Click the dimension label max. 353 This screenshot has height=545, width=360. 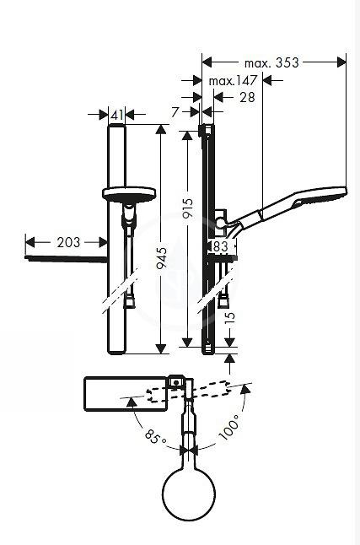(x=271, y=63)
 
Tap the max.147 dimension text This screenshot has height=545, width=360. (x=233, y=81)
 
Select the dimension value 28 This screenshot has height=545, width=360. (x=247, y=97)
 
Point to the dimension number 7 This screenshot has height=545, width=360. (x=175, y=112)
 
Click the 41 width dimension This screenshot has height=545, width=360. (x=116, y=115)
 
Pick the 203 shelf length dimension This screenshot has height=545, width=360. (x=68, y=242)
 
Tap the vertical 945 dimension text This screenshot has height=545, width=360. (x=162, y=258)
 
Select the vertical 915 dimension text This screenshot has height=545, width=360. (x=188, y=208)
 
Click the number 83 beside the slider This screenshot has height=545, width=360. (x=220, y=246)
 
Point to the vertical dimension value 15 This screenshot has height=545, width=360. (x=230, y=317)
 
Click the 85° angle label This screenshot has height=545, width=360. (x=155, y=436)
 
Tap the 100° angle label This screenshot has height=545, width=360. (x=229, y=427)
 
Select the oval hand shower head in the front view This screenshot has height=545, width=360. (x=129, y=195)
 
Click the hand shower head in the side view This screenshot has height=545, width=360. (x=320, y=196)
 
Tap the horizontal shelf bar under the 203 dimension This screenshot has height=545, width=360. (x=66, y=259)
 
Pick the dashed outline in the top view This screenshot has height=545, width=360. (x=189, y=392)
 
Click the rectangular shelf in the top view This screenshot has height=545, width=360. (x=126, y=394)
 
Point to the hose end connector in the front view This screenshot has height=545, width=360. (x=129, y=302)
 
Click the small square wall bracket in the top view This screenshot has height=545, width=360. (x=176, y=382)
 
